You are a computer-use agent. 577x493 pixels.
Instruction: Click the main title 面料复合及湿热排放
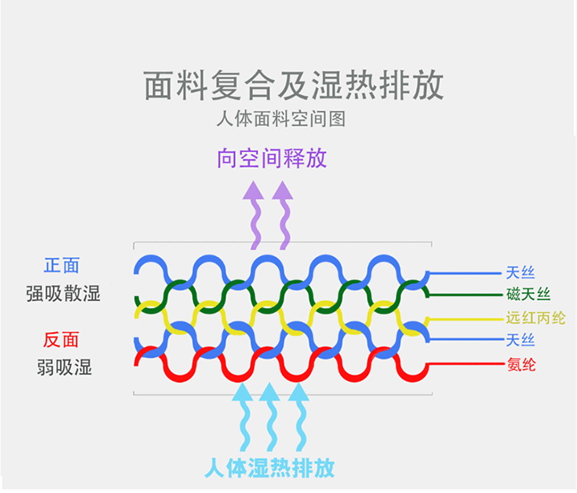[293, 85]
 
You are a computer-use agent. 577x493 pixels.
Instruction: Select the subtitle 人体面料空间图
[280, 119]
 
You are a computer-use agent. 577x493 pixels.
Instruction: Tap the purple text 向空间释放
[272, 158]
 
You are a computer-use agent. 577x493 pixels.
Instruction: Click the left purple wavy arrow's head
[253, 190]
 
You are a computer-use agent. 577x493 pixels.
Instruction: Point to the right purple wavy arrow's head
[282, 190]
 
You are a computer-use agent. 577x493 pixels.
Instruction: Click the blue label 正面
[62, 265]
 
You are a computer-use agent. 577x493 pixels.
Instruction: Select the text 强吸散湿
[63, 294]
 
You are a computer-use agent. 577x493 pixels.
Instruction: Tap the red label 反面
[61, 339]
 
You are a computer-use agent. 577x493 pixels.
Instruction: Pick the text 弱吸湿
[64, 367]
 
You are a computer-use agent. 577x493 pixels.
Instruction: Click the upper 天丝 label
[520, 273]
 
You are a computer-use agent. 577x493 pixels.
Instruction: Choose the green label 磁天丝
[528, 295]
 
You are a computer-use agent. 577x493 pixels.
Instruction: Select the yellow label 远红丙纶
[535, 318]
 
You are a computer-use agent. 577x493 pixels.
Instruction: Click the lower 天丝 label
[520, 340]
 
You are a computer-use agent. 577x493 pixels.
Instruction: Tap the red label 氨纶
[522, 364]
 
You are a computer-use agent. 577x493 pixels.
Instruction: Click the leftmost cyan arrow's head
[242, 392]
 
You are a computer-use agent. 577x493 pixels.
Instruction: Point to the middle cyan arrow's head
[269, 392]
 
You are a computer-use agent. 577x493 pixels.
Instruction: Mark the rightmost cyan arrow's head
[298, 392]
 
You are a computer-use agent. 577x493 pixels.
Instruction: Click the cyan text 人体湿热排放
[270, 467]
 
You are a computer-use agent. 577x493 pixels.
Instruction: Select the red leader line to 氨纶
[466, 364]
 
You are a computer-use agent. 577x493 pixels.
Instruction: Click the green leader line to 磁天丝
[466, 295]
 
